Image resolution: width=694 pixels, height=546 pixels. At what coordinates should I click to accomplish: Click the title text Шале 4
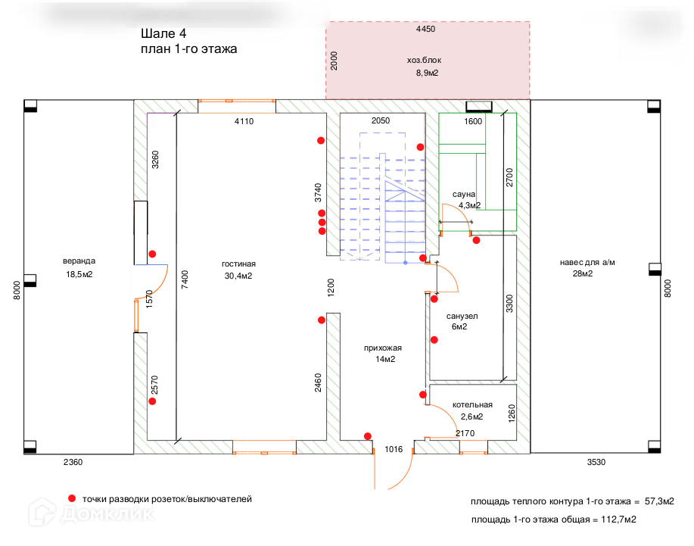click(163, 34)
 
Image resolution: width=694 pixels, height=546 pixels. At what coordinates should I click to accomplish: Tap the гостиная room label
click(238, 264)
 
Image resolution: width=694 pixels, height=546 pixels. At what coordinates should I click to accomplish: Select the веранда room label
click(79, 261)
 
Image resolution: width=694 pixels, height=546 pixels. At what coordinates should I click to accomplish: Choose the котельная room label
click(472, 404)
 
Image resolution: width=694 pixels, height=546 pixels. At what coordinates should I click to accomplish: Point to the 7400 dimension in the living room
click(185, 281)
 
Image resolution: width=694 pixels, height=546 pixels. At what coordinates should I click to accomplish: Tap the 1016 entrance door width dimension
click(394, 449)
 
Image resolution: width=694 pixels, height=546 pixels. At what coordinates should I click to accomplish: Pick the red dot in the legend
click(72, 498)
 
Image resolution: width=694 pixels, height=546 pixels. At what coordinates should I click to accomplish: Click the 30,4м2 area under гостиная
click(238, 276)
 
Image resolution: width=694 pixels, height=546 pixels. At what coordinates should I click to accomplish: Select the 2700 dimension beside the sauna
click(509, 176)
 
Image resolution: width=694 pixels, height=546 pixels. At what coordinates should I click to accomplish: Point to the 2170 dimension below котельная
click(465, 433)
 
